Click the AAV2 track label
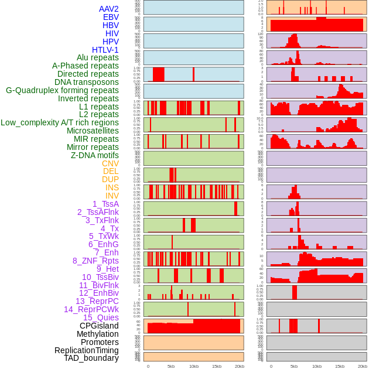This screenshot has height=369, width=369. (108, 9)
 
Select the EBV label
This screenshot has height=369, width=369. (111, 17)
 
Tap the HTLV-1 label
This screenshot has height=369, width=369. (105, 50)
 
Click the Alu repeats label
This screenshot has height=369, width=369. (97, 57)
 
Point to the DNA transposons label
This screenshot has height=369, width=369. (87, 82)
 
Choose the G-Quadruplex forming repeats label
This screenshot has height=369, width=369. (62, 90)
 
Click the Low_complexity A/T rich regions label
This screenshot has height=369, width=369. (60, 122)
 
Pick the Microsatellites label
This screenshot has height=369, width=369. (93, 131)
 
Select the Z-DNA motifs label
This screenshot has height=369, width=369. (94, 155)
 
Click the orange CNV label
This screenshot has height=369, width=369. (110, 163)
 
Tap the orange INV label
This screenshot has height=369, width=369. (112, 196)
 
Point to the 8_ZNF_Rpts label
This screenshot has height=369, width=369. (95, 261)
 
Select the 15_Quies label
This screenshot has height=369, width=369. (101, 317)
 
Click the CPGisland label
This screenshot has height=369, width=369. (99, 326)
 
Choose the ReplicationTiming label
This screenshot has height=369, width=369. (87, 350)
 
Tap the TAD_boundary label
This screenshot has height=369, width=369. (91, 358)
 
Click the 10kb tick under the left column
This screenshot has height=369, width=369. (193, 366)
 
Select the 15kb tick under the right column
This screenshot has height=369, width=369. (340, 366)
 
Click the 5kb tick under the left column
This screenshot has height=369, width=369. (171, 366)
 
